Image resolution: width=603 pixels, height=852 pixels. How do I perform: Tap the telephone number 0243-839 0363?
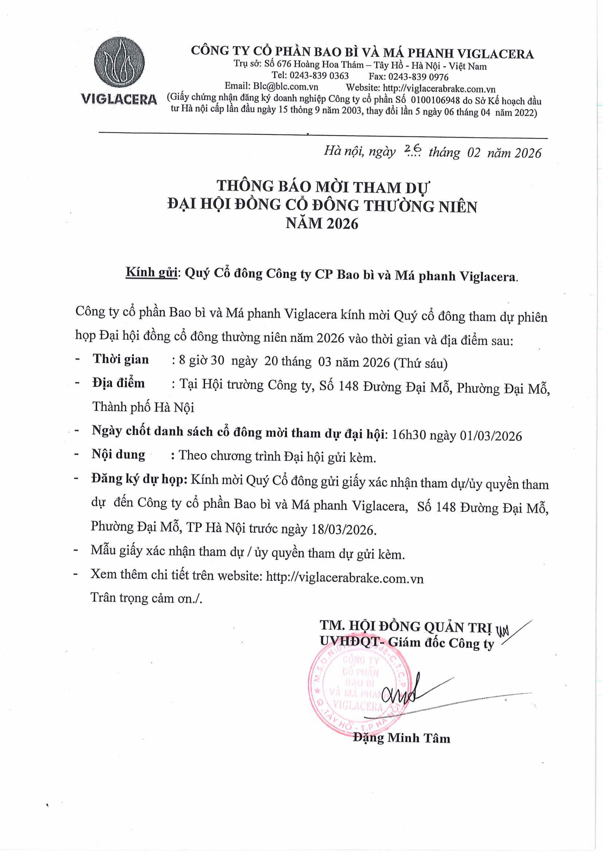(x=319, y=76)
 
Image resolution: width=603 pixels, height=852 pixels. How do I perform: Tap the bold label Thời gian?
(x=121, y=359)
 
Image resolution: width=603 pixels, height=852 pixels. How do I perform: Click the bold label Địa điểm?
(x=119, y=383)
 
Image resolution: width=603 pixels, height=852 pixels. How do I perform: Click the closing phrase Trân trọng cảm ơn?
(x=146, y=598)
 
